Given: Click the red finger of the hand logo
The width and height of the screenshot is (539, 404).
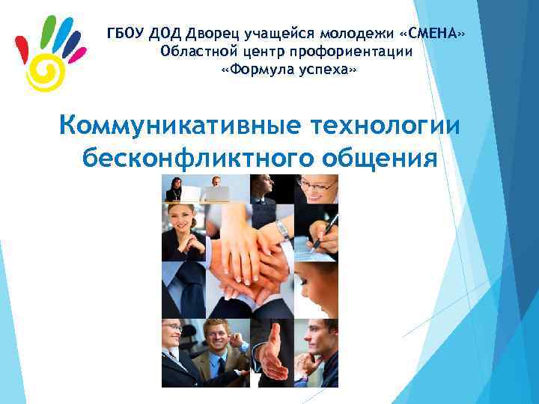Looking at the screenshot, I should tap(22, 52).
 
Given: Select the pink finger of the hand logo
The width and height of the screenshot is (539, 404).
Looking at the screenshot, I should tap(77, 54).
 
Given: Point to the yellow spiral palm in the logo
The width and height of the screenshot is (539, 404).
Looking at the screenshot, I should tap(45, 72).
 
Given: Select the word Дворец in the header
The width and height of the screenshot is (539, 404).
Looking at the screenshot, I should tap(211, 34).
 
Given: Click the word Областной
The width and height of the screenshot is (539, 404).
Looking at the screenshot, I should tap(196, 52).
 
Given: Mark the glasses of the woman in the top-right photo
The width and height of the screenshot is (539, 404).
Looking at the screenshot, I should tap(318, 186).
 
